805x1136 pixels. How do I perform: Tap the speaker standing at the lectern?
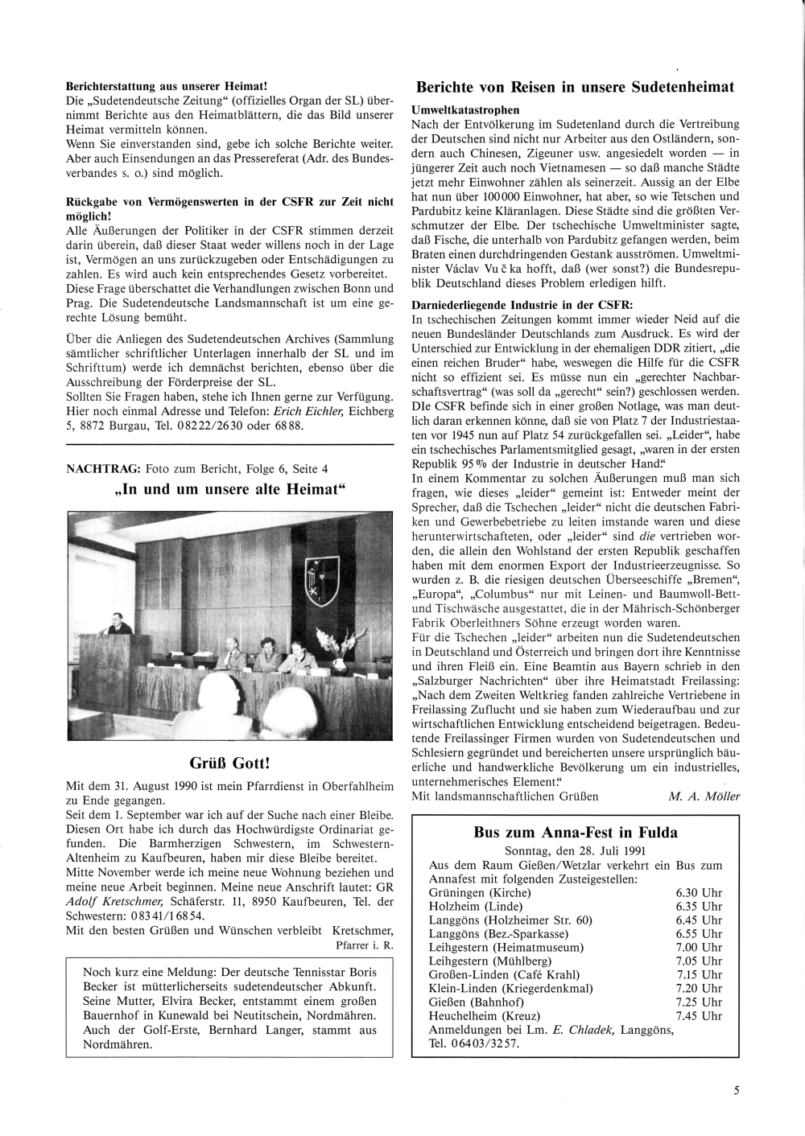click(118, 624)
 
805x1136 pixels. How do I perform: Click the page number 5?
click(736, 1091)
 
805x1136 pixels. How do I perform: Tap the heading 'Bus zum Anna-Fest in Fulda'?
click(576, 833)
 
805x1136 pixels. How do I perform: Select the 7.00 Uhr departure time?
click(700, 947)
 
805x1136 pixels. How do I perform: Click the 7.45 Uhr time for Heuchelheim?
click(700, 1015)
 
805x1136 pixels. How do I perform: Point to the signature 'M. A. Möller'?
click(704, 796)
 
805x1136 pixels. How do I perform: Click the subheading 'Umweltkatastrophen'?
click(465, 109)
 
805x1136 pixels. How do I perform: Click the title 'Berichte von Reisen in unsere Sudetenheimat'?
click(575, 87)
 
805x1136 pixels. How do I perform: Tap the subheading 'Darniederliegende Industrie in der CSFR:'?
click(522, 305)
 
